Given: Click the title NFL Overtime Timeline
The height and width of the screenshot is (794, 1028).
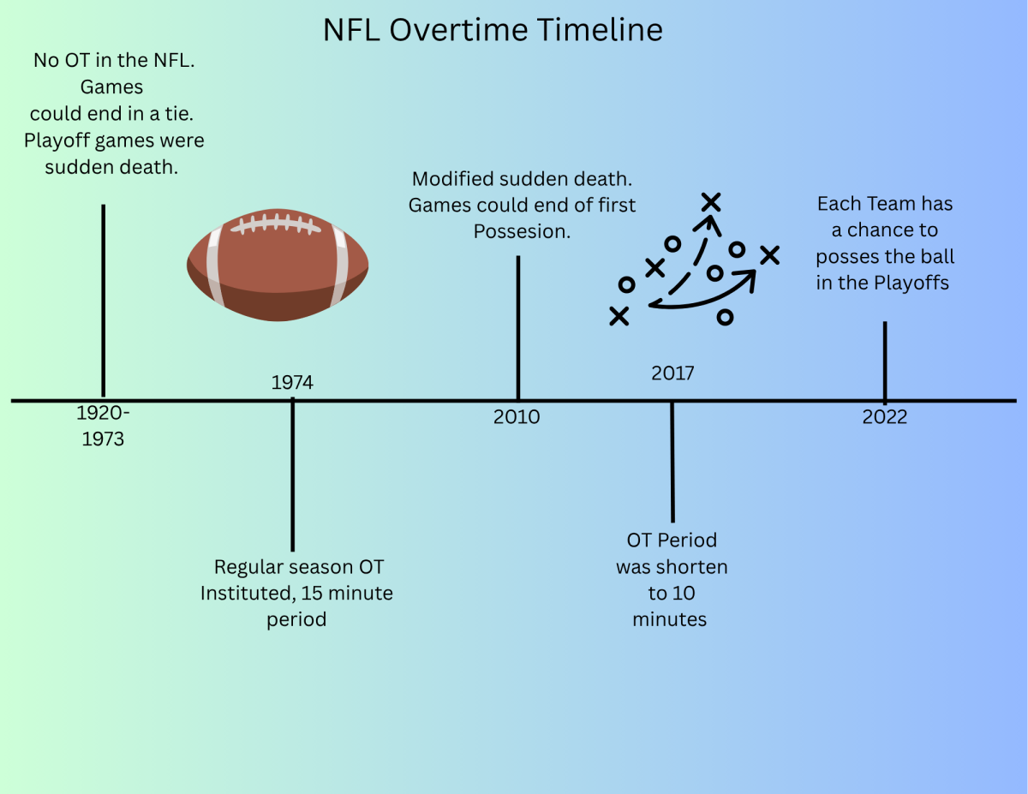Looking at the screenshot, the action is point(493,30).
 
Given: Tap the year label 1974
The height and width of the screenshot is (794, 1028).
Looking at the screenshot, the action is point(292,383).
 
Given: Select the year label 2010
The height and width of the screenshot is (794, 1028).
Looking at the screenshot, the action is point(516,417).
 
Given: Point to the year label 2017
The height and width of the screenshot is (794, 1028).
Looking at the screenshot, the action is point(672,373).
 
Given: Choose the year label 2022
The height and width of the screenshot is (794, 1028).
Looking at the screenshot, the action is point(884,417).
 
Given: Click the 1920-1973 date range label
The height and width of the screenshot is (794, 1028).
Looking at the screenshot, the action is point(103,426).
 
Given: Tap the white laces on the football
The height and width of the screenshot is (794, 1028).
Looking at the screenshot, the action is point(276,224).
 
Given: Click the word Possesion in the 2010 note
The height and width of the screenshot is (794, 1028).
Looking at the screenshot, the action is point(522,232).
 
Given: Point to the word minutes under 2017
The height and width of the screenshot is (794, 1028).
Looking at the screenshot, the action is point(669,619).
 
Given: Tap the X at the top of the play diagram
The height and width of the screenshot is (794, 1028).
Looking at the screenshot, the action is point(710,202).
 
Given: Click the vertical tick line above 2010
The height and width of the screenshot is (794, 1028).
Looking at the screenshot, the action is point(518,328).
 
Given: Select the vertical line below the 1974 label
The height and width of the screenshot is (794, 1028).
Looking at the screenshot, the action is point(292,475).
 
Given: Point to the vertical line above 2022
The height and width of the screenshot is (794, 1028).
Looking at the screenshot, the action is point(885,361).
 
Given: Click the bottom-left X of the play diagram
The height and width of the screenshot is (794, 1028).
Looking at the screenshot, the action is point(619,316).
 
